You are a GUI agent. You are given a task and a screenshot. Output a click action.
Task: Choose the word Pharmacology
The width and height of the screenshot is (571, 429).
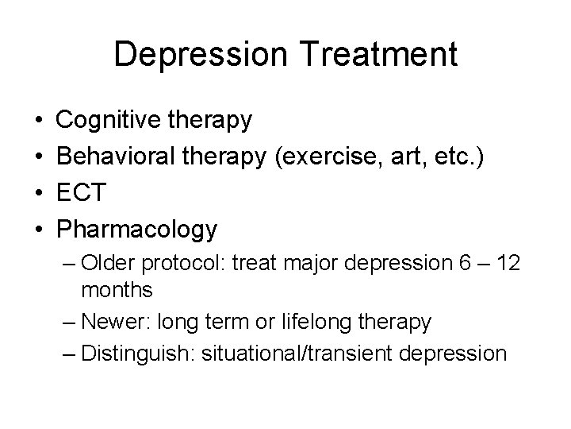point(137,230)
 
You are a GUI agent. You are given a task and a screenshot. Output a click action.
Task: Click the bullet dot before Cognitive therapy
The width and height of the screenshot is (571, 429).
point(40,122)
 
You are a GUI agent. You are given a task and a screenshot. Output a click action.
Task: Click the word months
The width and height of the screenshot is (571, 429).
point(117,290)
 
